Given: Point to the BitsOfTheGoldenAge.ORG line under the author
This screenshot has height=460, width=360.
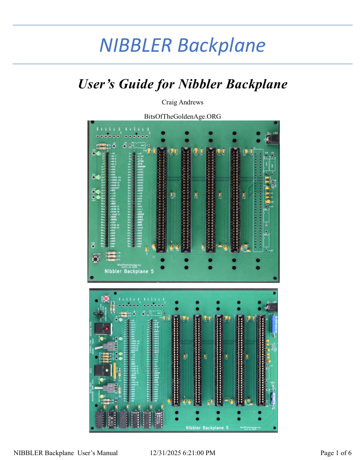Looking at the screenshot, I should click(182, 116).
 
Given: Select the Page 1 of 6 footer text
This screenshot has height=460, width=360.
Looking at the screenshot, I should click(336, 453).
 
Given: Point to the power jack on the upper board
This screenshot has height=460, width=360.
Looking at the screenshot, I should click(271, 139).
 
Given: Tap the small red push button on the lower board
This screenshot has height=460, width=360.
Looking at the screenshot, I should click(106, 298).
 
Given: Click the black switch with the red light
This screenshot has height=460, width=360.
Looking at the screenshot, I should click(108, 329).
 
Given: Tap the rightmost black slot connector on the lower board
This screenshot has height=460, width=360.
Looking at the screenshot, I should click(261, 361).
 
